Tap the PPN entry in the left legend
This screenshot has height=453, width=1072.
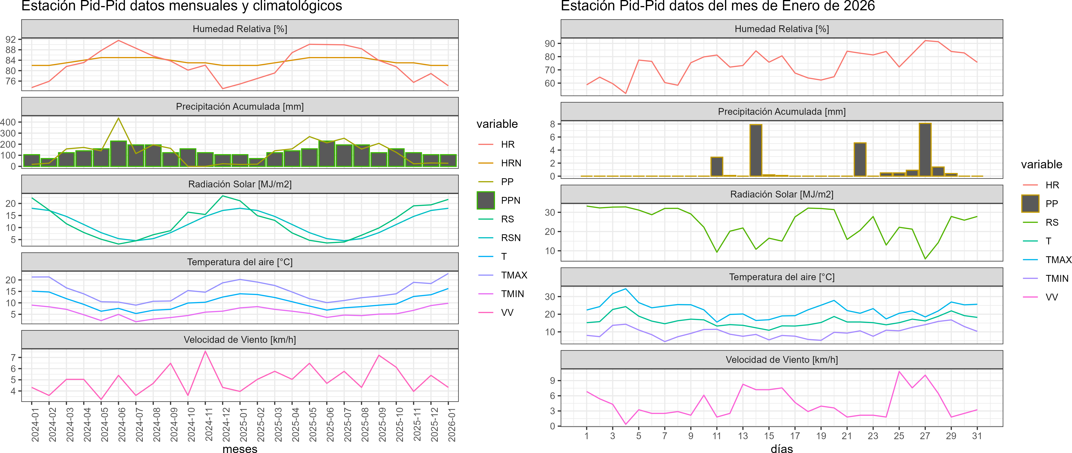click(x=510, y=200)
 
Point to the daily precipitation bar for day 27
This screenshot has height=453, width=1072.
click(x=925, y=149)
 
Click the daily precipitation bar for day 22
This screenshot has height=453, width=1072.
click(x=860, y=160)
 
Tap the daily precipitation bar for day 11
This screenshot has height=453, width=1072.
click(x=717, y=167)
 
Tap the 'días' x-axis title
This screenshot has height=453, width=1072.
click(x=781, y=448)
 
